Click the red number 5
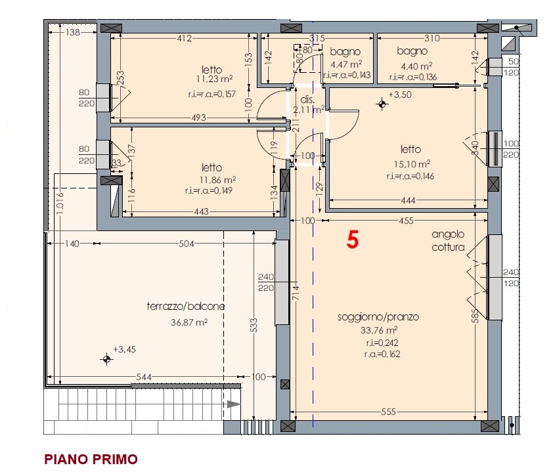(353, 240)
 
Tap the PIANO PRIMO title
(91, 459)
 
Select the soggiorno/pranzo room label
(378, 316)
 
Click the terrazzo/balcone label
(185, 306)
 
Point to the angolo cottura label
(448, 240)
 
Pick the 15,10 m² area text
(412, 164)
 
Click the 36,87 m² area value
(189, 322)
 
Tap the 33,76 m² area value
(379, 330)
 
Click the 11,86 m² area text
(217, 180)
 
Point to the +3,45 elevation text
(124, 349)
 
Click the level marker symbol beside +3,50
(382, 104)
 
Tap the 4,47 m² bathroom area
(346, 64)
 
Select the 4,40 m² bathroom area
(416, 66)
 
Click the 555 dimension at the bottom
(388, 412)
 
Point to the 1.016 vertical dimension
(60, 203)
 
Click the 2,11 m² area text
(308, 110)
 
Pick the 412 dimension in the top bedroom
(185, 38)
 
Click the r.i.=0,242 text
(382, 343)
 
